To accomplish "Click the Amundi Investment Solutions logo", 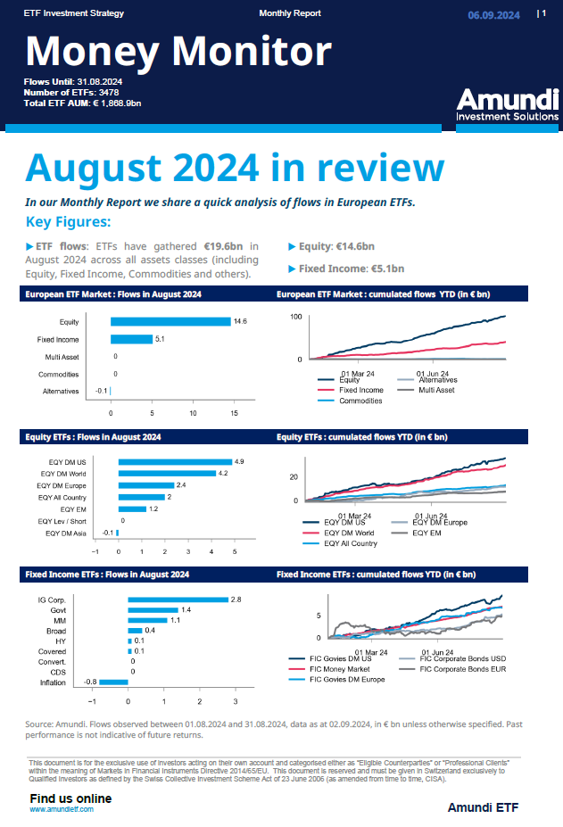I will click(x=506, y=104).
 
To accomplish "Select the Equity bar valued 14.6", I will click(x=170, y=322).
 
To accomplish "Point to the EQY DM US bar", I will click(x=175, y=461).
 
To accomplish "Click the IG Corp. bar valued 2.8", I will click(x=178, y=600).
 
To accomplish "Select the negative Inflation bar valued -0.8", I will click(x=113, y=682).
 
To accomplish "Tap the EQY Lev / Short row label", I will click(x=62, y=520).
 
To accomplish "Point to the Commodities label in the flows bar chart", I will click(x=58, y=374).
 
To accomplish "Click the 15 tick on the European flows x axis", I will click(x=234, y=414).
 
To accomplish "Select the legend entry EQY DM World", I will click(x=352, y=533).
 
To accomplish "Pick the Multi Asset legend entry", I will click(x=437, y=390).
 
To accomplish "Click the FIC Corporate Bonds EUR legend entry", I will click(x=469, y=667).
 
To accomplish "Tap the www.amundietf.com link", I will click(x=62, y=808).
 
